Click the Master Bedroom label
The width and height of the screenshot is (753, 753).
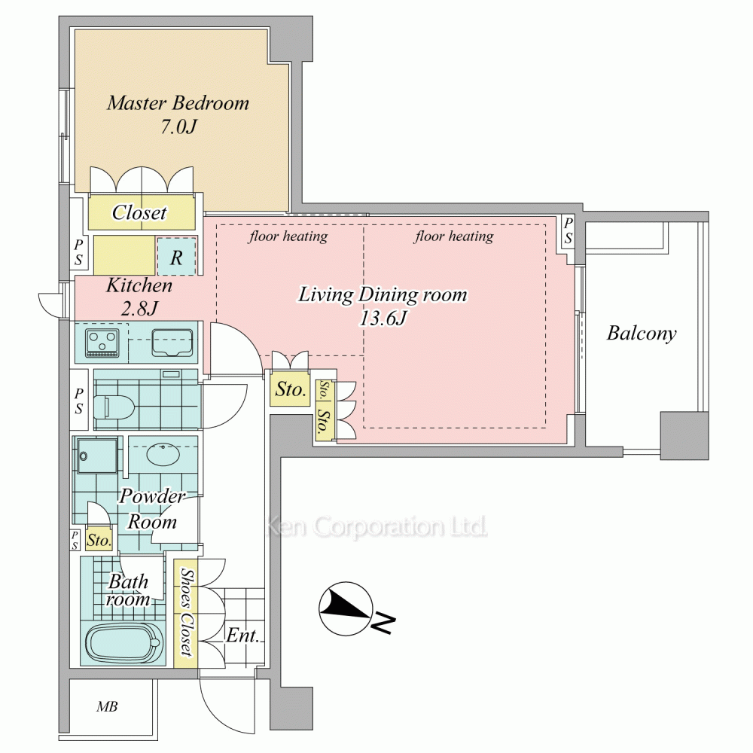point(178,103)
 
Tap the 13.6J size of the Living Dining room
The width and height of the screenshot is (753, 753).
point(383,318)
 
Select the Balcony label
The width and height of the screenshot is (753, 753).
point(642,334)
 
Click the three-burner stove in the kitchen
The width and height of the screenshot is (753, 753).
point(102,343)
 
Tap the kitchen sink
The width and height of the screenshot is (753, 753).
point(172,343)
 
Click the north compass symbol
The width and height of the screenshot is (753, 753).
point(346,609)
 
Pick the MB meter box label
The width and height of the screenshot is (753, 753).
point(107,706)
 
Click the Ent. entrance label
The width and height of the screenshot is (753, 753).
point(242,636)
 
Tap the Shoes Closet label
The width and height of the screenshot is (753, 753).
point(186,611)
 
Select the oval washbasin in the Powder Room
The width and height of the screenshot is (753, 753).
point(163,454)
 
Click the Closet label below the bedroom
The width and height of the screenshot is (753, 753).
point(139,212)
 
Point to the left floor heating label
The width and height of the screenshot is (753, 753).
point(288,236)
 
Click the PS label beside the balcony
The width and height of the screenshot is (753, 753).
point(568,230)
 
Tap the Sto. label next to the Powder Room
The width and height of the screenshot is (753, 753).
point(99,541)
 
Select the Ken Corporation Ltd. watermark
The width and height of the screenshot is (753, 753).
point(376,526)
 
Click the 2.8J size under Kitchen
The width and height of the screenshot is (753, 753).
point(139,308)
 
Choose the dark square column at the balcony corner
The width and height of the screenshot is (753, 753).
point(684,435)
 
